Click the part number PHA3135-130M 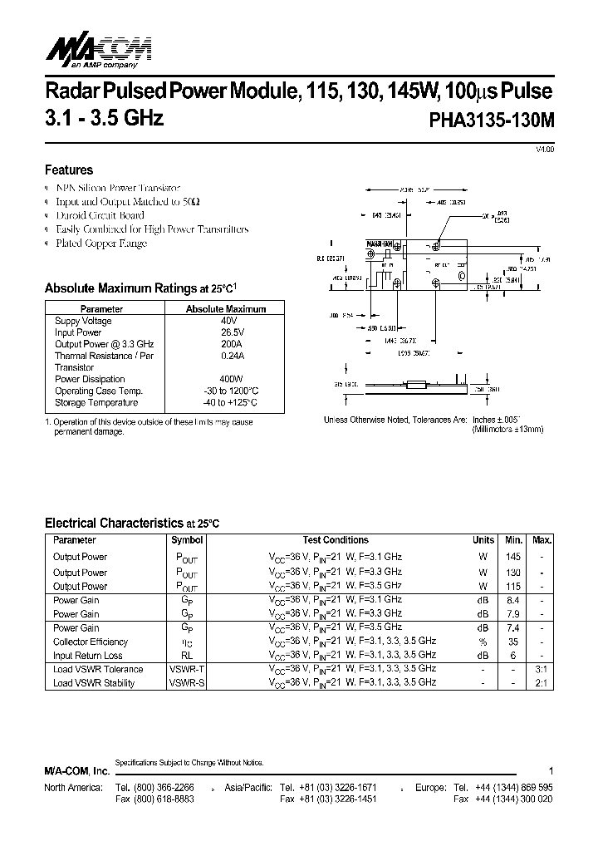491,119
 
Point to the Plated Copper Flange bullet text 100,243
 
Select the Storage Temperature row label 96,402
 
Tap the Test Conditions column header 335,540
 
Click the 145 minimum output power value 513,557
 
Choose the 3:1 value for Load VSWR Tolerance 541,669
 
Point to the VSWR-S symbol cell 186,683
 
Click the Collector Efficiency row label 91,642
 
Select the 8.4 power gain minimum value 513,599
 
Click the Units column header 483,540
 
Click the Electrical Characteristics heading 113,524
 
